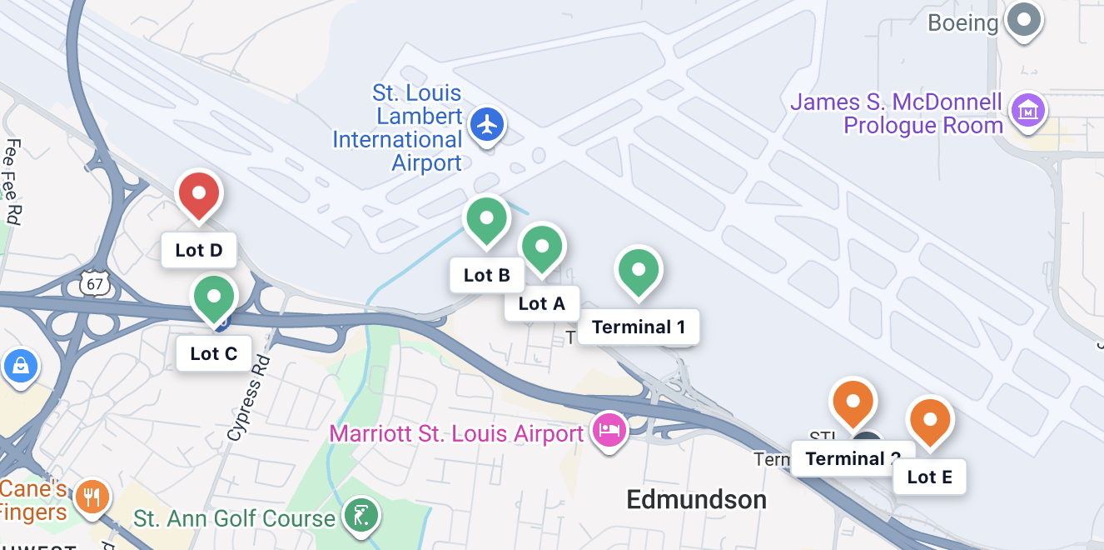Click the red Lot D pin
point(199,194)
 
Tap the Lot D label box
point(199,250)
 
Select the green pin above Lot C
point(214,297)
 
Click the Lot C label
point(214,353)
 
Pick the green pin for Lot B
point(487,219)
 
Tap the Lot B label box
point(487,275)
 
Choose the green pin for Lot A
point(542,247)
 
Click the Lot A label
point(542,303)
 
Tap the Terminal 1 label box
point(639,327)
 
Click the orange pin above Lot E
point(930,420)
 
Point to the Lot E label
point(930,477)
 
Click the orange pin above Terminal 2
point(853,402)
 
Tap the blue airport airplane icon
point(488,126)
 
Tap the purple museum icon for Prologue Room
point(1027,110)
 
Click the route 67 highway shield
point(95,283)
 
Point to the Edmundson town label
point(696,499)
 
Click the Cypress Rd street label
point(249,398)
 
